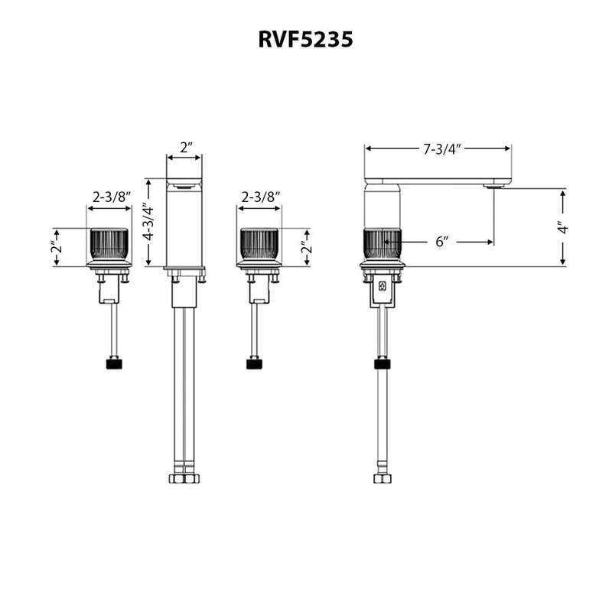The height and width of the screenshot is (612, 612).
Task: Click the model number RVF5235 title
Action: [305, 40]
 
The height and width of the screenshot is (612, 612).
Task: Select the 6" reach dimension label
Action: [441, 242]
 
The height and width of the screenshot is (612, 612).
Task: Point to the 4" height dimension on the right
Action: [564, 228]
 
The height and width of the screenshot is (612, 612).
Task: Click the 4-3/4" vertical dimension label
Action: [149, 223]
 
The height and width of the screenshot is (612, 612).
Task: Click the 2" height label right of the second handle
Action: [308, 247]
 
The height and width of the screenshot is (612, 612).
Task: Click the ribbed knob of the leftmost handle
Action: [109, 245]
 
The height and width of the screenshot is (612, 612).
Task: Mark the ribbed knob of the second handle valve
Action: [259, 245]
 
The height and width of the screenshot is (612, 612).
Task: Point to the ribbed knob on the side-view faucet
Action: [381, 245]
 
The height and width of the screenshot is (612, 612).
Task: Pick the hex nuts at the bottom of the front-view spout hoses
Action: [184, 479]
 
